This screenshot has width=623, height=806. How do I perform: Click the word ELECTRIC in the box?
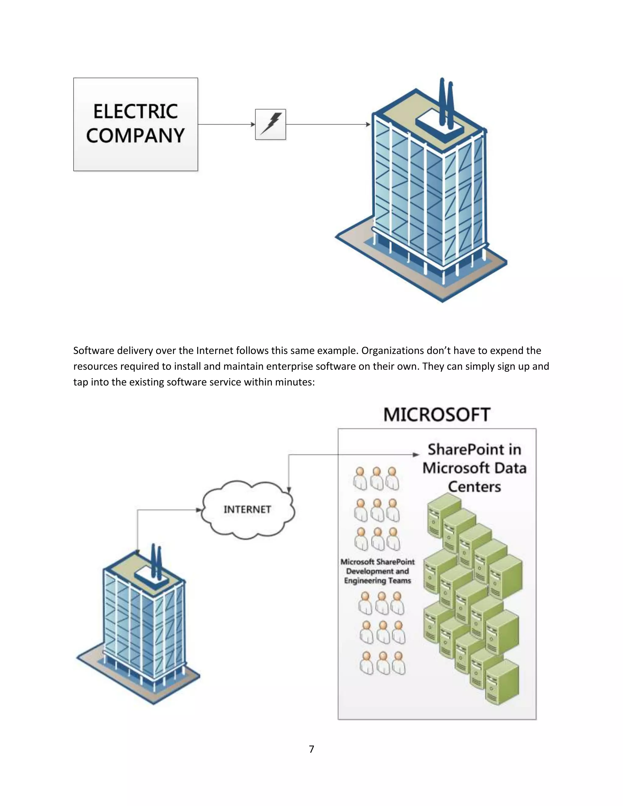(x=135, y=111)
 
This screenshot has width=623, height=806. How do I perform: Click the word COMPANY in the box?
(x=135, y=135)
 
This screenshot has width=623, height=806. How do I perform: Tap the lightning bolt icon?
(x=270, y=124)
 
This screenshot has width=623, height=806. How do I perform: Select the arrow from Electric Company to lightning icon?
(x=226, y=124)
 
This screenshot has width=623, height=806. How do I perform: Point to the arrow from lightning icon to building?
(x=328, y=124)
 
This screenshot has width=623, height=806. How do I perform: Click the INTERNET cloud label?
(x=247, y=510)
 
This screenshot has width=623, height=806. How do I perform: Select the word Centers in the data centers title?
(x=475, y=487)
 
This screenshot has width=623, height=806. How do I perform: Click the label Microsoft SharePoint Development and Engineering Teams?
(x=378, y=571)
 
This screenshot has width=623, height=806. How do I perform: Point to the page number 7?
(x=311, y=749)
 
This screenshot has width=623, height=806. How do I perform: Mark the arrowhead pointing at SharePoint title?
(x=416, y=455)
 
